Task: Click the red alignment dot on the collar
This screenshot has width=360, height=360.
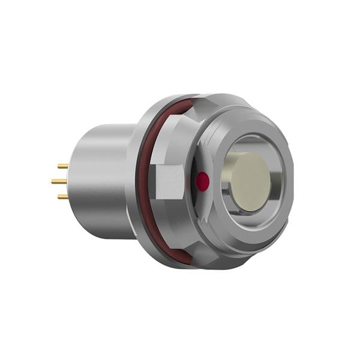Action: (203, 181)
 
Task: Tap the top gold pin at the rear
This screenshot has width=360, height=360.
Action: (62, 166)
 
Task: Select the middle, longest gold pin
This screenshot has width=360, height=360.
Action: (59, 181)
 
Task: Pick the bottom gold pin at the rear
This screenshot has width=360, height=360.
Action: (62, 196)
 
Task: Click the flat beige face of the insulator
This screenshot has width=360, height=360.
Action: (251, 181)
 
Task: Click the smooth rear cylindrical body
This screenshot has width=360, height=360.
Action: (102, 181)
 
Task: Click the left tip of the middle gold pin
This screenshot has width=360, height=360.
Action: (52, 181)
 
